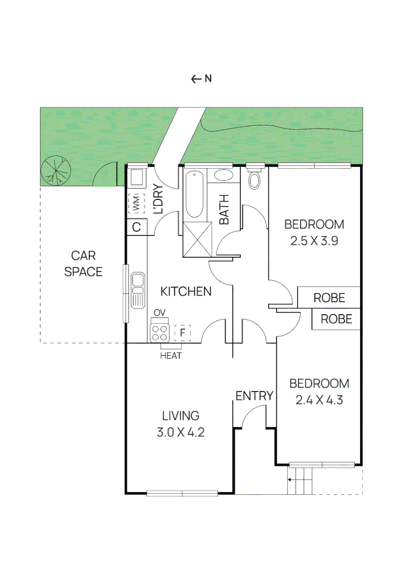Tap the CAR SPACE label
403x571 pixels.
pyautogui.click(x=83, y=264)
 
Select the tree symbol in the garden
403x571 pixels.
pyautogui.click(x=55, y=171)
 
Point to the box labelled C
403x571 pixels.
pyautogui.click(x=136, y=227)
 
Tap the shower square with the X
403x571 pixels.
pyautogui.click(x=199, y=240)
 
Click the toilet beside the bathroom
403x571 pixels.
pyautogui.click(x=255, y=179)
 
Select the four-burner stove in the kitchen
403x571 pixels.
pyautogui.click(x=160, y=331)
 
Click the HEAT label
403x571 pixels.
pyautogui.click(x=171, y=356)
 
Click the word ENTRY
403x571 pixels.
pyautogui.click(x=254, y=396)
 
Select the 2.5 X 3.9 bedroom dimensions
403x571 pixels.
pyautogui.click(x=314, y=241)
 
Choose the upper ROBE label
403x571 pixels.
pyautogui.click(x=329, y=298)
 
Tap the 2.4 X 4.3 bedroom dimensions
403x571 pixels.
pyautogui.click(x=319, y=400)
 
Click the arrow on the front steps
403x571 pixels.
pyautogui.click(x=290, y=480)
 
